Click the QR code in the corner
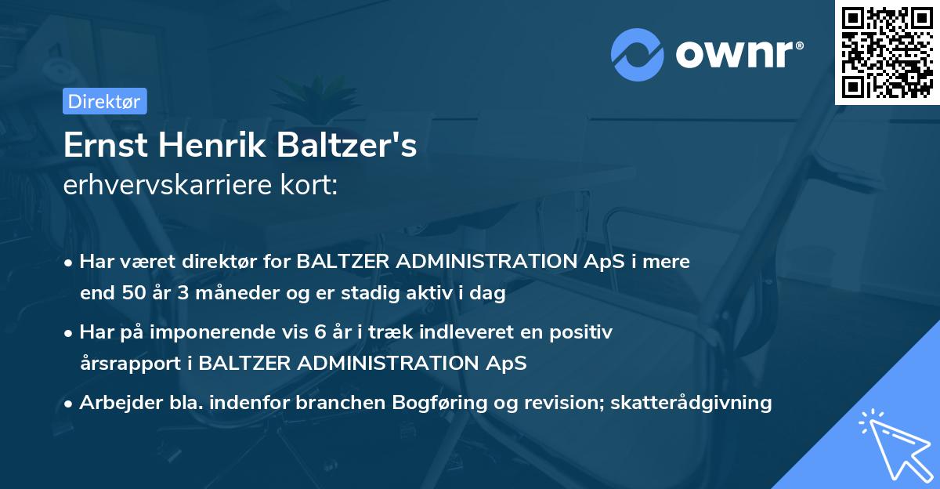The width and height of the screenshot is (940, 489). click(x=887, y=53)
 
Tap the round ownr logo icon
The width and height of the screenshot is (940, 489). click(x=638, y=55)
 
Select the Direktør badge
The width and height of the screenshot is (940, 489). click(x=103, y=101)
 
